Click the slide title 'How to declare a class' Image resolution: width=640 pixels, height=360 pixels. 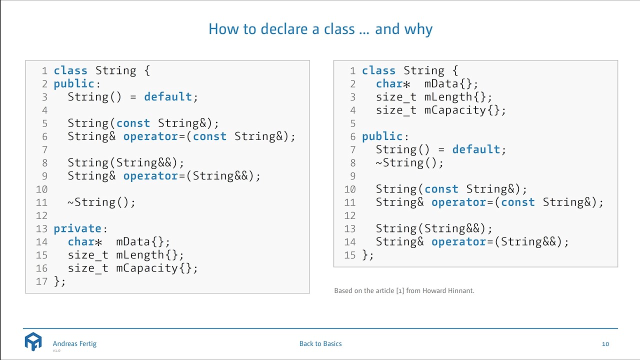tap(320, 29)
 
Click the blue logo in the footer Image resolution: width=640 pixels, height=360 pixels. tap(33, 341)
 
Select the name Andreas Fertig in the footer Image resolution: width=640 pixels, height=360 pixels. tap(74, 343)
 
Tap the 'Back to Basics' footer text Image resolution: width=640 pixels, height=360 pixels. tap(320, 343)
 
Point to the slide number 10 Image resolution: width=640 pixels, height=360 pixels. tap(605, 344)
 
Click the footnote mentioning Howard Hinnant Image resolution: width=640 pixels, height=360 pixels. tap(404, 290)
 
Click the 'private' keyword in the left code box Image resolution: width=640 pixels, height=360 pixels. tap(77, 228)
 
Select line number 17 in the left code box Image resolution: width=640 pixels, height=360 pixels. tap(41, 281)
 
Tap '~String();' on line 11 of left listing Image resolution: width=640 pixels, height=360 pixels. tap(101, 202)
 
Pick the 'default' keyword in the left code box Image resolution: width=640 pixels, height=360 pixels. tap(167, 96)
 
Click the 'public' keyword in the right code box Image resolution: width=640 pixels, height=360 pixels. tap(382, 136)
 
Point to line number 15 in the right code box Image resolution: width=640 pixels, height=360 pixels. tap(350, 255)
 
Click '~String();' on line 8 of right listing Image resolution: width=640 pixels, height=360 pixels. tap(409, 162)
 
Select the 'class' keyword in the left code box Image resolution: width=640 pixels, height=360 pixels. tap(70, 70)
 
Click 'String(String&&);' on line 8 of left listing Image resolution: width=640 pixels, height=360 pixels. tap(126, 162)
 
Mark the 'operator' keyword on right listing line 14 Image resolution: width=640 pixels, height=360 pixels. tap(458, 241)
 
